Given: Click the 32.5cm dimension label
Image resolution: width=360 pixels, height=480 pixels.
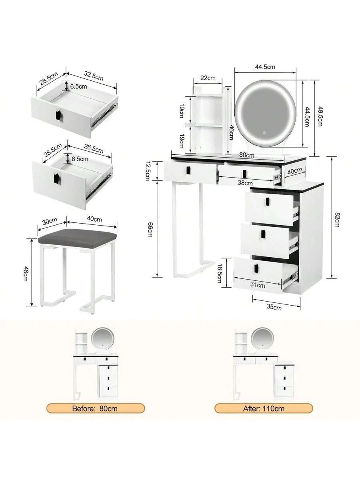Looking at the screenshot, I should click(x=94, y=76).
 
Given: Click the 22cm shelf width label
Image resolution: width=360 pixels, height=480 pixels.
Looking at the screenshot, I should click(x=208, y=78).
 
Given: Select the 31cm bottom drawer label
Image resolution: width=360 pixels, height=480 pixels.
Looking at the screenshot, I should click(x=258, y=285).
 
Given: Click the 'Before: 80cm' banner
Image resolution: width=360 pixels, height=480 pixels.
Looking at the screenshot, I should click(x=96, y=408).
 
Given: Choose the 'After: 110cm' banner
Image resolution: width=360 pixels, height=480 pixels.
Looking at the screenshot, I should click(x=264, y=408).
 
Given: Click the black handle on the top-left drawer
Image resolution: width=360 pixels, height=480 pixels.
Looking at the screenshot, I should click(x=188, y=170).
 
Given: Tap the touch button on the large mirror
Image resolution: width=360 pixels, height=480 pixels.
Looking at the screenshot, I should click(x=264, y=132).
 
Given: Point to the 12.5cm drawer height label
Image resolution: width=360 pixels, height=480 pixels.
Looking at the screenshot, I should click(x=148, y=170).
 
